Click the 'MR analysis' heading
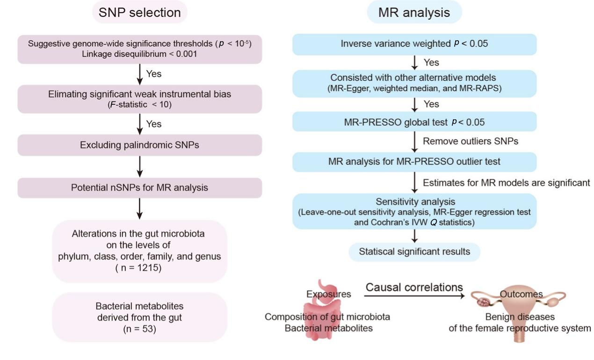pyautogui.click(x=414, y=12)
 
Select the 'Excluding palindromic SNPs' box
pyautogui.click(x=139, y=145)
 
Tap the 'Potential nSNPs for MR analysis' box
pyautogui.click(x=139, y=187)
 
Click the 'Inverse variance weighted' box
pyautogui.click(x=414, y=44)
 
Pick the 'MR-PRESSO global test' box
pyautogui.click(x=414, y=122)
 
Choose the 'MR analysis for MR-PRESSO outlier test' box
pyautogui.click(x=414, y=162)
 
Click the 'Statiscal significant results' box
pyautogui.click(x=414, y=252)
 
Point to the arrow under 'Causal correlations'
pyautogui.click(x=414, y=295)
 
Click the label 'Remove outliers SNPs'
pyautogui.click(x=471, y=142)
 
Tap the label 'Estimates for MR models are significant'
pyautogui.click(x=507, y=183)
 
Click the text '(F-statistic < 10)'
pyautogui.click(x=139, y=105)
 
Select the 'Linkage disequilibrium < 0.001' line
pyautogui.click(x=139, y=54)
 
